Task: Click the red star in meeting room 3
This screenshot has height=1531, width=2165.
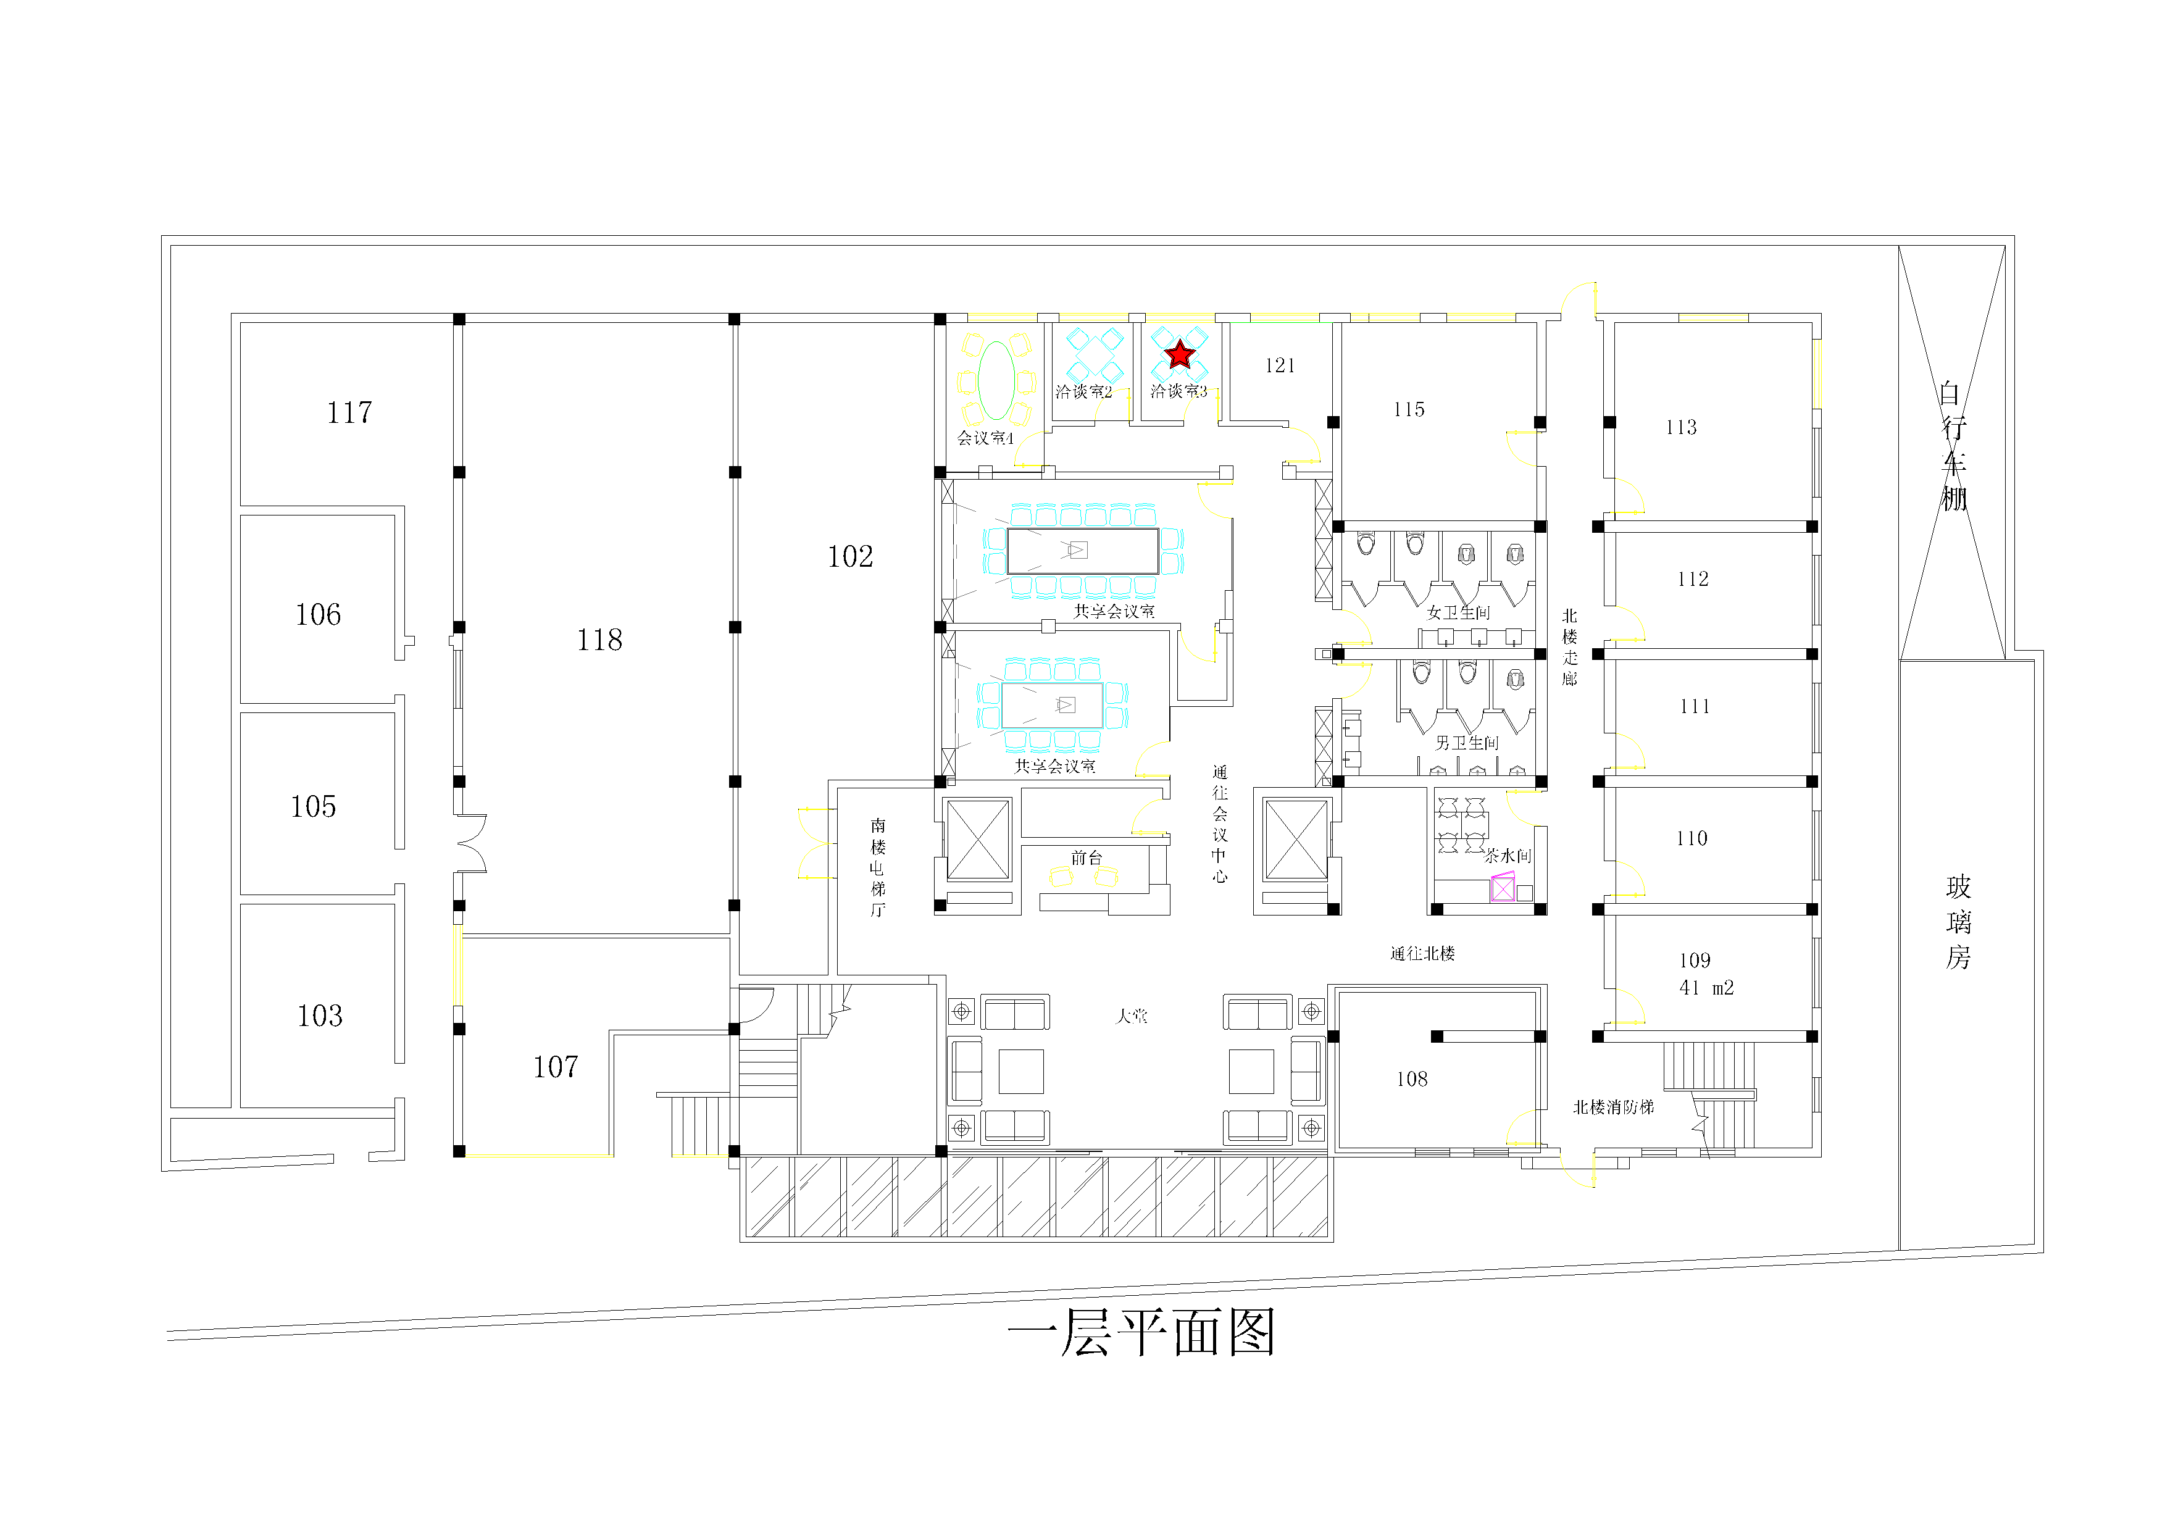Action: point(1178,354)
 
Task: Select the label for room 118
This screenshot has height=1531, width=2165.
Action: point(599,640)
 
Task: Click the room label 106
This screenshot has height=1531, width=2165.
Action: point(318,615)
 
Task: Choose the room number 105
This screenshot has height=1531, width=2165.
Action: point(313,806)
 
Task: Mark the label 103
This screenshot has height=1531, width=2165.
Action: point(320,1016)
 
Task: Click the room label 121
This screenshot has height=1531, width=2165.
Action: point(1280,366)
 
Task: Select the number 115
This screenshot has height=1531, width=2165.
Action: point(1409,409)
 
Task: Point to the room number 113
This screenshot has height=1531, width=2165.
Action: point(1680,427)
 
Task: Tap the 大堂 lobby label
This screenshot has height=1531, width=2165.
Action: point(1132,1016)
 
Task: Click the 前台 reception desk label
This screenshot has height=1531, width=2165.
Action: point(1087,857)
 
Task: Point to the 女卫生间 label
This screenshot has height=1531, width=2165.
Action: point(1458,613)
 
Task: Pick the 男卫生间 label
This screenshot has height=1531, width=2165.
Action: point(1466,743)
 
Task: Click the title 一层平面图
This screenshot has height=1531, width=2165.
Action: point(1141,1332)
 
